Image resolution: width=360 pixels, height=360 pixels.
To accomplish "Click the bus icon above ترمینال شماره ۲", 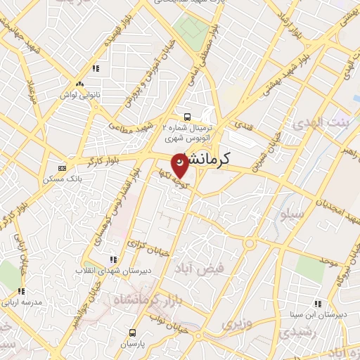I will [187, 117].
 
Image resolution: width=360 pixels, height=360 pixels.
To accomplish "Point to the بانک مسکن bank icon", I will [61, 168].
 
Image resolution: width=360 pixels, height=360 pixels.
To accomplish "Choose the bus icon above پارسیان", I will [131, 333].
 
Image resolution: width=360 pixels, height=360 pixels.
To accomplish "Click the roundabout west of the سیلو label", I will [250, 243].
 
